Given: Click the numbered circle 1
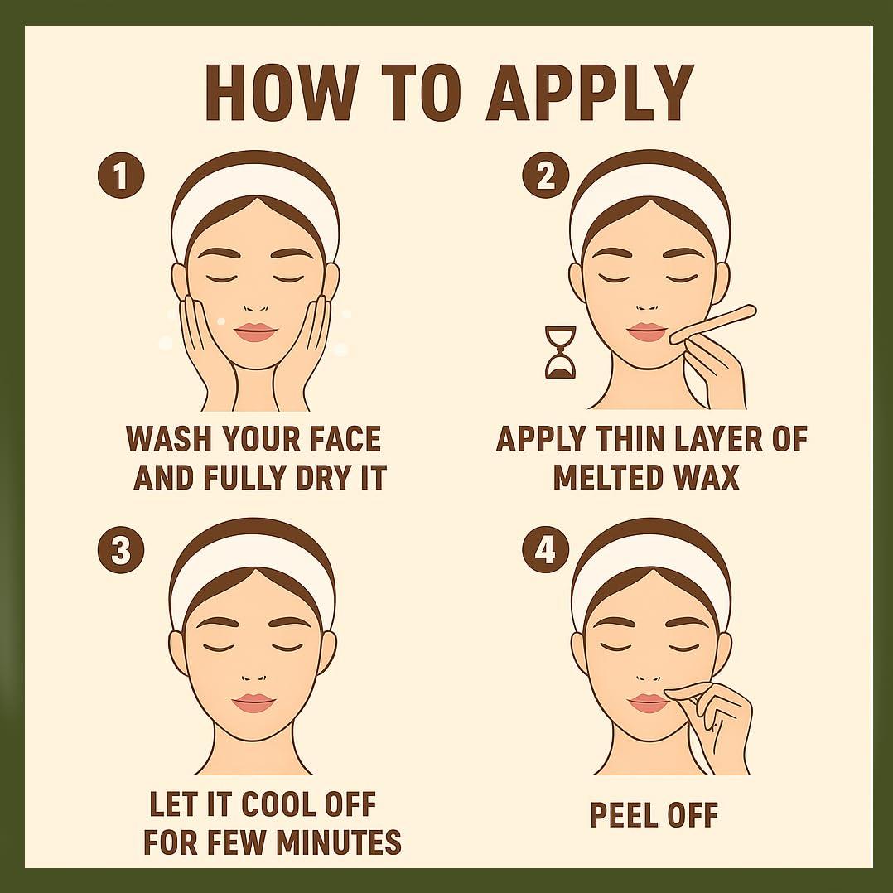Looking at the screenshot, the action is coord(121,176).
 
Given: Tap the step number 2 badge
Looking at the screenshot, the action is coord(546,176).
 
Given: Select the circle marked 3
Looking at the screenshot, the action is coord(121,550).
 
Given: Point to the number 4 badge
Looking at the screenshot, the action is coord(546,550).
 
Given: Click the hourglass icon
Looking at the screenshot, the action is coord(560,353).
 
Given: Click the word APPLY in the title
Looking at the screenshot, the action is coord(590,92).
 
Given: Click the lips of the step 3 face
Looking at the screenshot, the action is coord(253,702).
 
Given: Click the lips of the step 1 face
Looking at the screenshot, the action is coord(255,332).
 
